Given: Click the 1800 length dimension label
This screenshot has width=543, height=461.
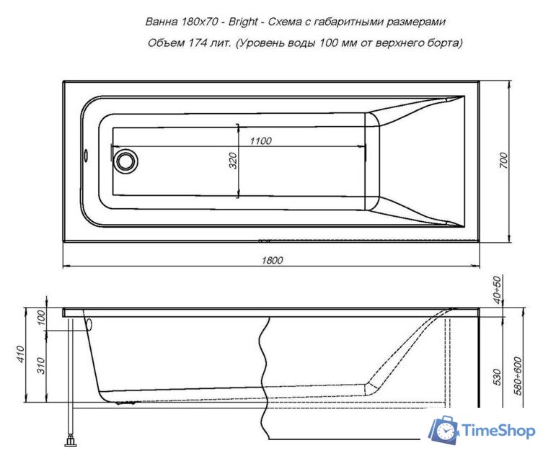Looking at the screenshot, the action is pyautogui.click(x=272, y=260).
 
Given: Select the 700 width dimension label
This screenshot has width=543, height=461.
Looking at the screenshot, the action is pyautogui.click(x=504, y=161).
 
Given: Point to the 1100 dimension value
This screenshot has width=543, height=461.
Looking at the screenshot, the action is pyautogui.click(x=261, y=140).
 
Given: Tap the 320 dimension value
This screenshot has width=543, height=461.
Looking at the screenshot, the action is pyautogui.click(x=233, y=161).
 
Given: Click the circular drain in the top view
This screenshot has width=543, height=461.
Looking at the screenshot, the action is pyautogui.click(x=125, y=161).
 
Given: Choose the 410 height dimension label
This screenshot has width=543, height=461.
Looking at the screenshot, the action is pyautogui.click(x=21, y=354).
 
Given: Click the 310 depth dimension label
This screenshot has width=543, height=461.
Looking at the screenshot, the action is pyautogui.click(x=41, y=365).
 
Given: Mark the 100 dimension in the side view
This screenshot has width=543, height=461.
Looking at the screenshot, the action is pyautogui.click(x=41, y=318).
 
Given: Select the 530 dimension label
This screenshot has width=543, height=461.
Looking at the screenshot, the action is pyautogui.click(x=497, y=377).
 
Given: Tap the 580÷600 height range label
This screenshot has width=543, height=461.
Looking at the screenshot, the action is pyautogui.click(x=518, y=376).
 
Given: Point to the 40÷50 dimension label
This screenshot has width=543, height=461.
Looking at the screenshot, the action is pyautogui.click(x=497, y=290).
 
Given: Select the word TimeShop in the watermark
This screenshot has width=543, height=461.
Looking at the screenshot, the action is pyautogui.click(x=499, y=431).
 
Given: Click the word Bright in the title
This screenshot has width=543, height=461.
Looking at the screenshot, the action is pyautogui.click(x=243, y=22).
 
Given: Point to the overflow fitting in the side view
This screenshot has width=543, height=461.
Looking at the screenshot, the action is pyautogui.click(x=89, y=324).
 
